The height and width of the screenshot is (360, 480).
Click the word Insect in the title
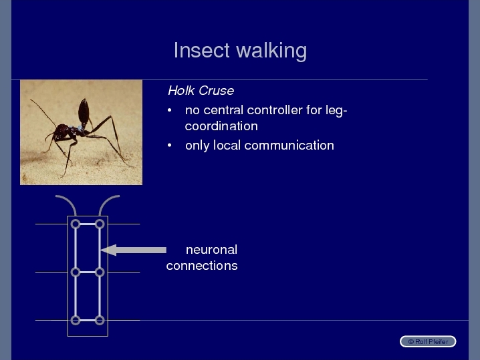[x=201, y=50]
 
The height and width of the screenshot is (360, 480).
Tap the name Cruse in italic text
[x=216, y=91]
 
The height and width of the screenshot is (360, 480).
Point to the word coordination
[x=221, y=126]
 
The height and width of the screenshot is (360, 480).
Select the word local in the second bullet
[x=227, y=146]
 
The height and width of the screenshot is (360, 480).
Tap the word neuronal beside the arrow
[x=211, y=250]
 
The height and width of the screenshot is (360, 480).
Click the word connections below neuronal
[x=202, y=266]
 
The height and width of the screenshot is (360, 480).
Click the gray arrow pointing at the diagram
[x=134, y=250]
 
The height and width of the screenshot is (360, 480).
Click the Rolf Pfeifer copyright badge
[x=428, y=342]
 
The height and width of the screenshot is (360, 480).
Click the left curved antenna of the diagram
[x=69, y=200]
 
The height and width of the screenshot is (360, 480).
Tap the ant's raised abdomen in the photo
[x=84, y=112]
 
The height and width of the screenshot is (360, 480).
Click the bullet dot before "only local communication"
[x=170, y=146]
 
